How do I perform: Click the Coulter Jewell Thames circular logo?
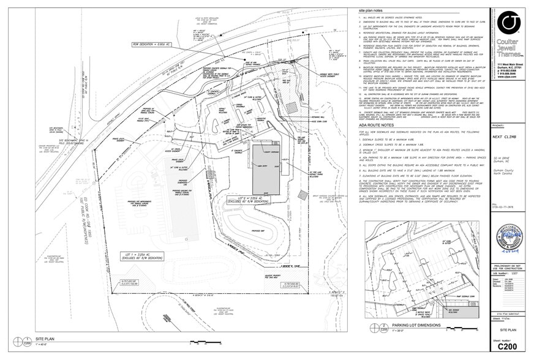point(508,23)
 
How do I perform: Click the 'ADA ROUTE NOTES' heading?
point(379,124)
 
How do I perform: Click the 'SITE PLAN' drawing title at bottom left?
point(46,338)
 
